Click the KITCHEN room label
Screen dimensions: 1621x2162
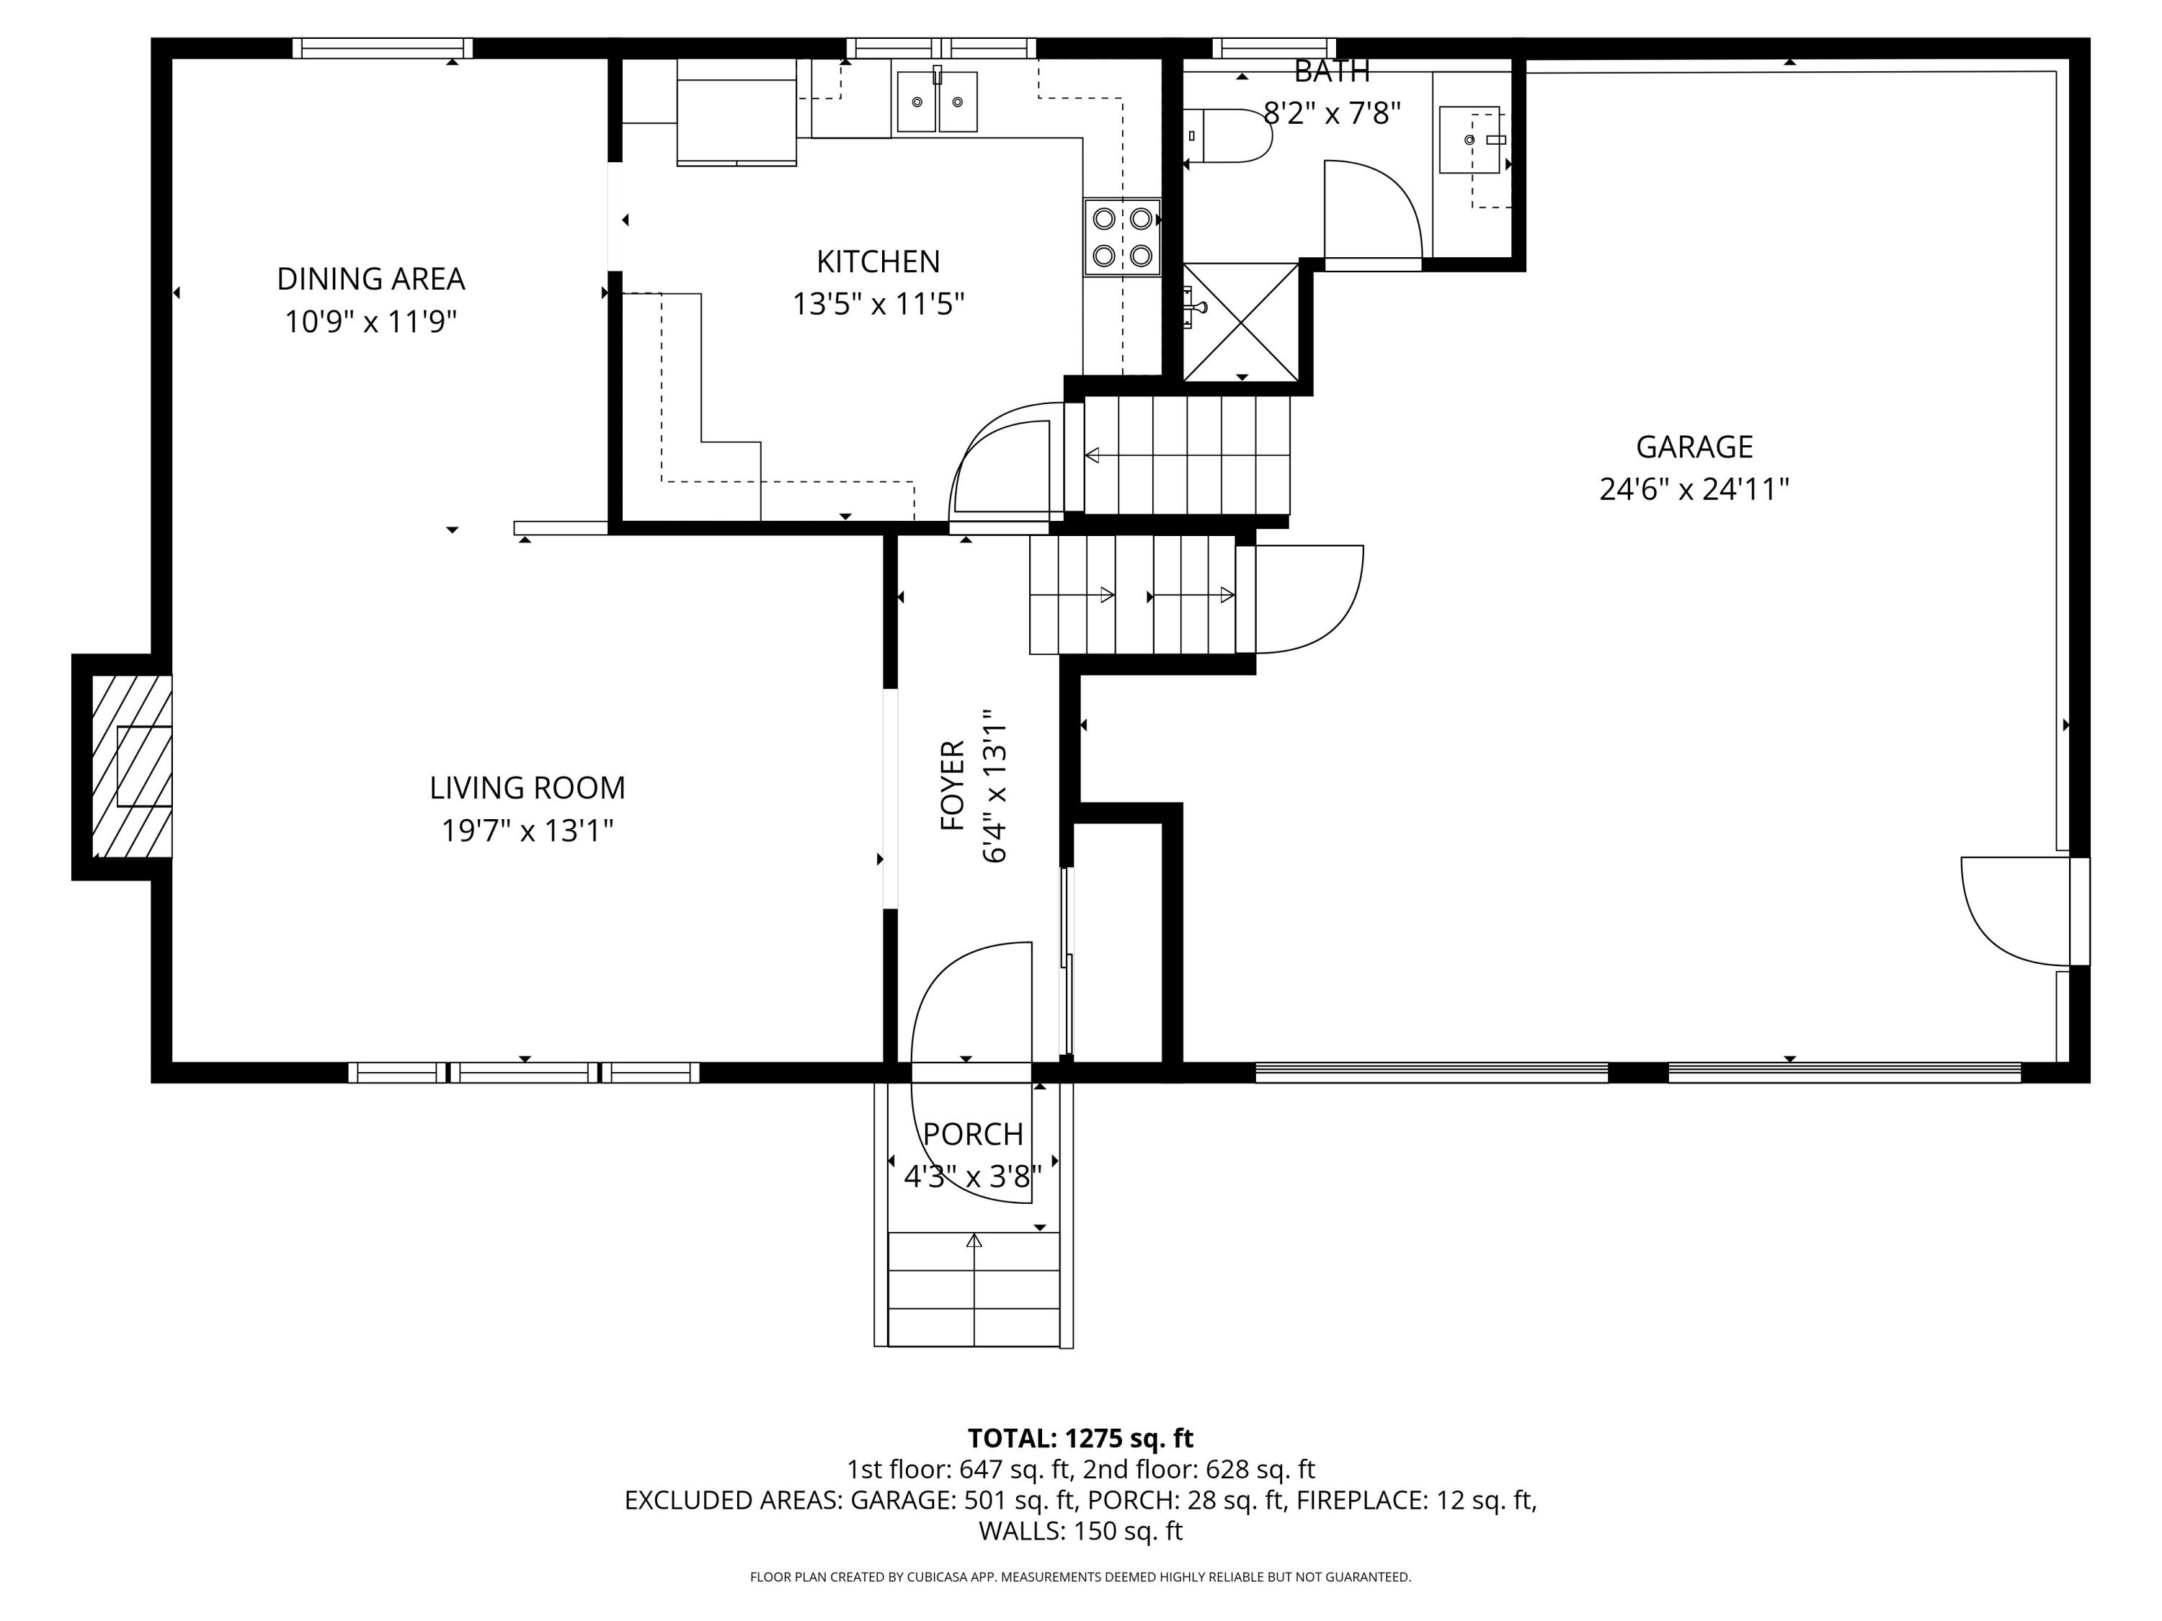[878, 262]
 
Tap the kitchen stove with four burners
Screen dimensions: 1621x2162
[1122, 238]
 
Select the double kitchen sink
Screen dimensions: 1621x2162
[936, 101]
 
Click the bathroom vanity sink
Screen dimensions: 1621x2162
[1469, 140]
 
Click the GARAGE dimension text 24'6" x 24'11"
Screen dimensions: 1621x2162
[1694, 488]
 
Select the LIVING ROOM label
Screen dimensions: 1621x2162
[527, 787]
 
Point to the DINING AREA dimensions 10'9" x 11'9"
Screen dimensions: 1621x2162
[370, 321]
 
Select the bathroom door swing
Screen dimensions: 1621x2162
[1371, 210]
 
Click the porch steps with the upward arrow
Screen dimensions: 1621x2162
[974, 1289]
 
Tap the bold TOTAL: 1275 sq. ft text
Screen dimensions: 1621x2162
[1080, 1438]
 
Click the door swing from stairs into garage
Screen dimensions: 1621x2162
[1309, 598]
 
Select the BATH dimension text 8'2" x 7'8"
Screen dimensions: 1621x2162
[1333, 115]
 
